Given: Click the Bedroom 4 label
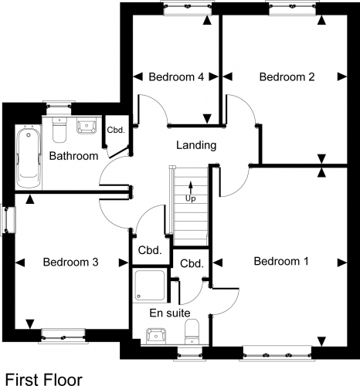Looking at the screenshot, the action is coord(176,77).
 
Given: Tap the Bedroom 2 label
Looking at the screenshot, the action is coord(287,77).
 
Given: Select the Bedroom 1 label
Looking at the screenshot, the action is coord(281,261).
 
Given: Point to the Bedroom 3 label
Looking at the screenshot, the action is coord(70,262).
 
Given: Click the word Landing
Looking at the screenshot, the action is coord(196,146).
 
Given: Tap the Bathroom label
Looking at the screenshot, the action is coord(73,156).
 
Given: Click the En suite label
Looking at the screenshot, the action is coord(170,313).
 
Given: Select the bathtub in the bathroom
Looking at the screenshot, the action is coord(29,157).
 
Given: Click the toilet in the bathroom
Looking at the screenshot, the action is coord(59,130).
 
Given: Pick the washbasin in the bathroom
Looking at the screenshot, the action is coord(87,126).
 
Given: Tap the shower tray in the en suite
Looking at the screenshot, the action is coord(150,285).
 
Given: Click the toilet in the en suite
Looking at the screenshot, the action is coord(192,332).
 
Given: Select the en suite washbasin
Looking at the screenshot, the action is coord(156,336).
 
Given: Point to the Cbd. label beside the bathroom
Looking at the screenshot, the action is coord(116,130).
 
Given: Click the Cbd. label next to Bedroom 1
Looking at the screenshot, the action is coord(192,264).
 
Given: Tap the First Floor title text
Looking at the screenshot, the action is coord(44,379).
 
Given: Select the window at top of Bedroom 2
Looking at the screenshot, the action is coord(293,8).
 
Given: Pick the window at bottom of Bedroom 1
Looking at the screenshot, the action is coord(277,354).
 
